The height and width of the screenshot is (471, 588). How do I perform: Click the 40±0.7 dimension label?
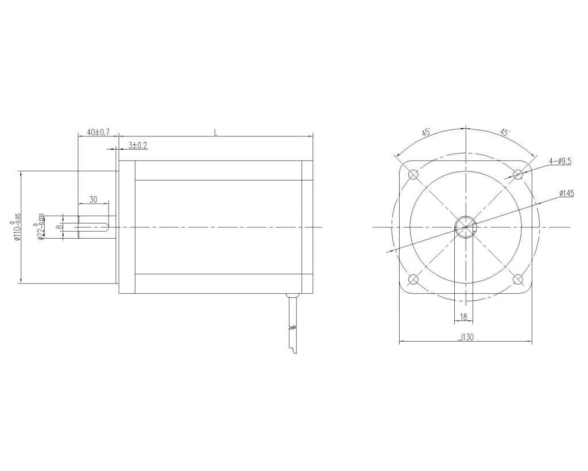98,132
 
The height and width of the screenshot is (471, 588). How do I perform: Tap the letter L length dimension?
215,132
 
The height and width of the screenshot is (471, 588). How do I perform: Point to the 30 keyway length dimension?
94,200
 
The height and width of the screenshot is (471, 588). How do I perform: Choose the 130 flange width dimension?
466,339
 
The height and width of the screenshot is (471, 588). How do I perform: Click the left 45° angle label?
426,133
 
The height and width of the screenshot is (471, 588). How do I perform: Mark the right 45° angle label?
505,132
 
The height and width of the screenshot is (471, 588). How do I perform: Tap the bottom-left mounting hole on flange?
412,280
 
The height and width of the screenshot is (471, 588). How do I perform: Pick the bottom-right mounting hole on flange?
518,280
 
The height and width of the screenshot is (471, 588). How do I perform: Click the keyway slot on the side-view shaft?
92,227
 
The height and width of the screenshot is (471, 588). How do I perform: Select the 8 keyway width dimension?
60,227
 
